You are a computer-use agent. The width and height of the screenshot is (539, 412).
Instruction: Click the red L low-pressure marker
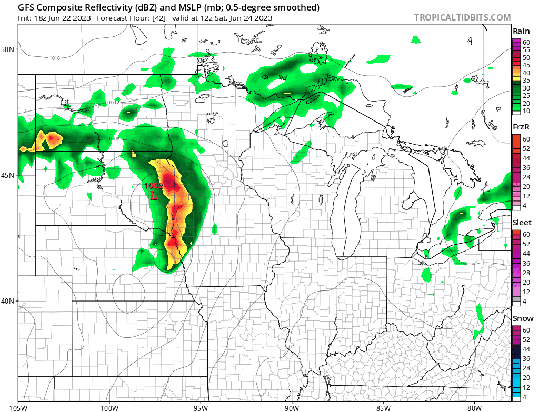click(x=154, y=196)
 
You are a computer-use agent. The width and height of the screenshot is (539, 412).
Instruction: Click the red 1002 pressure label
click(x=154, y=186)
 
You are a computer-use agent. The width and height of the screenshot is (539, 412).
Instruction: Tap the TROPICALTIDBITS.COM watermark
click(x=462, y=17)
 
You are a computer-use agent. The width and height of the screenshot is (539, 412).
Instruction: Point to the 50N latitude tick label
click(x=9, y=49)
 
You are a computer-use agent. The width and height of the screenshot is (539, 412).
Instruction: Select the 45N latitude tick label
click(x=9, y=175)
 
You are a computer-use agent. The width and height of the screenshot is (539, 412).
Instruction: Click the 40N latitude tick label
click(x=9, y=301)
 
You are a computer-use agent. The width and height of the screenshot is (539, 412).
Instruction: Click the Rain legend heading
click(x=521, y=31)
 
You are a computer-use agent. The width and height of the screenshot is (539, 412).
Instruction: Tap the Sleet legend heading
click(x=522, y=223)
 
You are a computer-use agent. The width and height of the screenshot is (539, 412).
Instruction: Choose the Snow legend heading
click(x=523, y=318)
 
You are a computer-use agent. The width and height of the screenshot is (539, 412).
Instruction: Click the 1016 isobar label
click(x=55, y=58)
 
